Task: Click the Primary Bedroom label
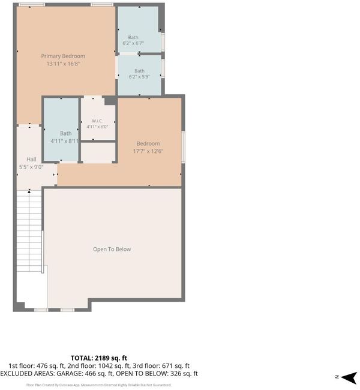pos(63,56)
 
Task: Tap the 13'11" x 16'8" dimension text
pos(63,64)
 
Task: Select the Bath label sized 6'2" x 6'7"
pos(133,37)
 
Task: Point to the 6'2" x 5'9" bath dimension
pos(139,77)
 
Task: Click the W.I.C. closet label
pos(97,121)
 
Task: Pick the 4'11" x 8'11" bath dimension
pos(65,141)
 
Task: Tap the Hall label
pos(31,160)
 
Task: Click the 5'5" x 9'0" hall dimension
pos(31,167)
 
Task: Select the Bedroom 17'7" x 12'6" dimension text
pos(148,151)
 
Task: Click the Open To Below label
pos(112,249)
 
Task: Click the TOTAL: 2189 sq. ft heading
pos(99,358)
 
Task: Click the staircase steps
pos(29,230)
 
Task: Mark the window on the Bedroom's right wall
pos(183,147)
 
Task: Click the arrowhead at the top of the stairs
pos(29,191)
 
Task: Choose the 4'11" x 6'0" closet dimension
pos(97,127)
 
